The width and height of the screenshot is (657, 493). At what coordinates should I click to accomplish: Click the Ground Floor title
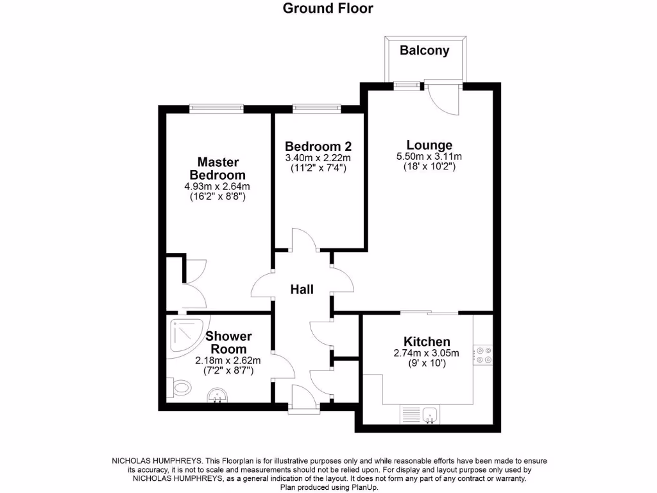(x=328, y=8)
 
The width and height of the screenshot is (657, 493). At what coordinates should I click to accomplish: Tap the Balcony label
(x=424, y=50)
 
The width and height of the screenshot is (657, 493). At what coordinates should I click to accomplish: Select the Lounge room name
(x=429, y=145)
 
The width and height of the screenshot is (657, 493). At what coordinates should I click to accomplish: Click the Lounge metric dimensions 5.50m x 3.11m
(x=429, y=156)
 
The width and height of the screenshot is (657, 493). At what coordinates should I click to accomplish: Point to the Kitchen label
(x=427, y=342)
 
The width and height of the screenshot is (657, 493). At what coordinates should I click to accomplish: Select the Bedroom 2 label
(x=318, y=146)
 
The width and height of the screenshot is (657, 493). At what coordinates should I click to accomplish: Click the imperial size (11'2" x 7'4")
(x=318, y=168)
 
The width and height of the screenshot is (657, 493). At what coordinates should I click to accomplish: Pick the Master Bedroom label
(x=218, y=168)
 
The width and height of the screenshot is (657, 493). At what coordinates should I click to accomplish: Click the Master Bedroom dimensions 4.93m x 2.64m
(x=217, y=186)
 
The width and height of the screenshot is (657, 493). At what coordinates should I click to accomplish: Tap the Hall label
(x=302, y=290)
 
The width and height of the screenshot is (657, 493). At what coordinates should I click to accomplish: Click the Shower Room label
(x=228, y=342)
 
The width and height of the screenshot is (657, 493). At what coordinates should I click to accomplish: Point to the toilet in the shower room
(x=180, y=387)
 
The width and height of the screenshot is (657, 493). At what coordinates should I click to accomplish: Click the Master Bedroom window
(x=216, y=108)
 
